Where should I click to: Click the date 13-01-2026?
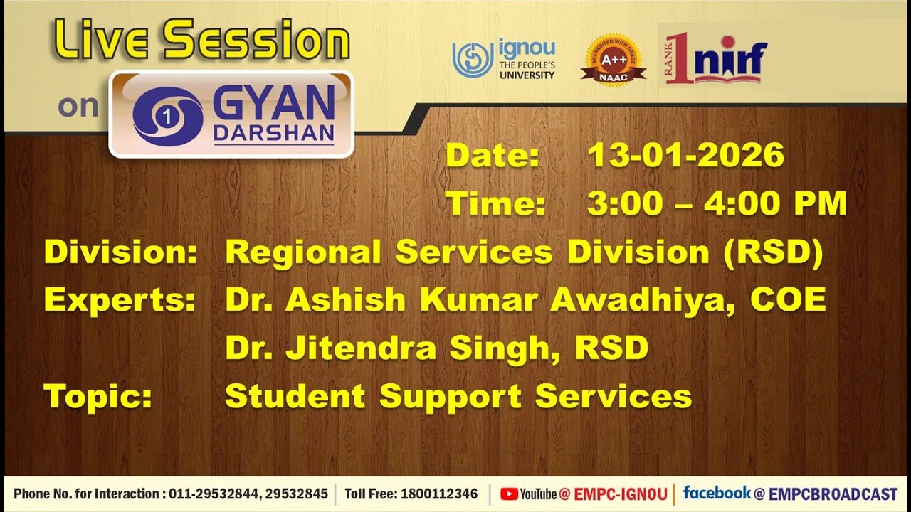click(685, 156)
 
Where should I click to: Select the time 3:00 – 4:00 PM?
click(717, 204)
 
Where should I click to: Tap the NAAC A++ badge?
click(613, 58)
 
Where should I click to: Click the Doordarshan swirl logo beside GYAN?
click(167, 116)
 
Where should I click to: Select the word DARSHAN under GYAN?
click(273, 134)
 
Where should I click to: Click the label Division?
click(120, 252)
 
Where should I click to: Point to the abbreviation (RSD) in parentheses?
click(772, 252)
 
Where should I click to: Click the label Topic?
click(98, 396)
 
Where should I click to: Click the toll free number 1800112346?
click(439, 494)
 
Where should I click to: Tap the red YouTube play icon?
click(509, 494)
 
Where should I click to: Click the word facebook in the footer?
click(717, 493)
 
